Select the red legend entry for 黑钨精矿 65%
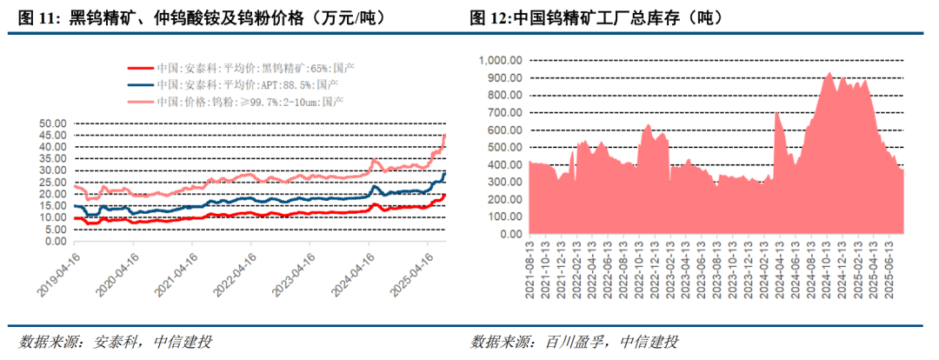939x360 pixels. pyautogui.click(x=243, y=68)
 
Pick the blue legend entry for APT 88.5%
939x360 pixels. pyautogui.click(x=236, y=84)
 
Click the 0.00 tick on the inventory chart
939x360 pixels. pyautogui.click(x=509, y=235)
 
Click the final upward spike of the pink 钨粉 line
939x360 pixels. pyautogui.click(x=445, y=136)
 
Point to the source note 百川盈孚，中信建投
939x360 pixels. pyautogui.click(x=574, y=341)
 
